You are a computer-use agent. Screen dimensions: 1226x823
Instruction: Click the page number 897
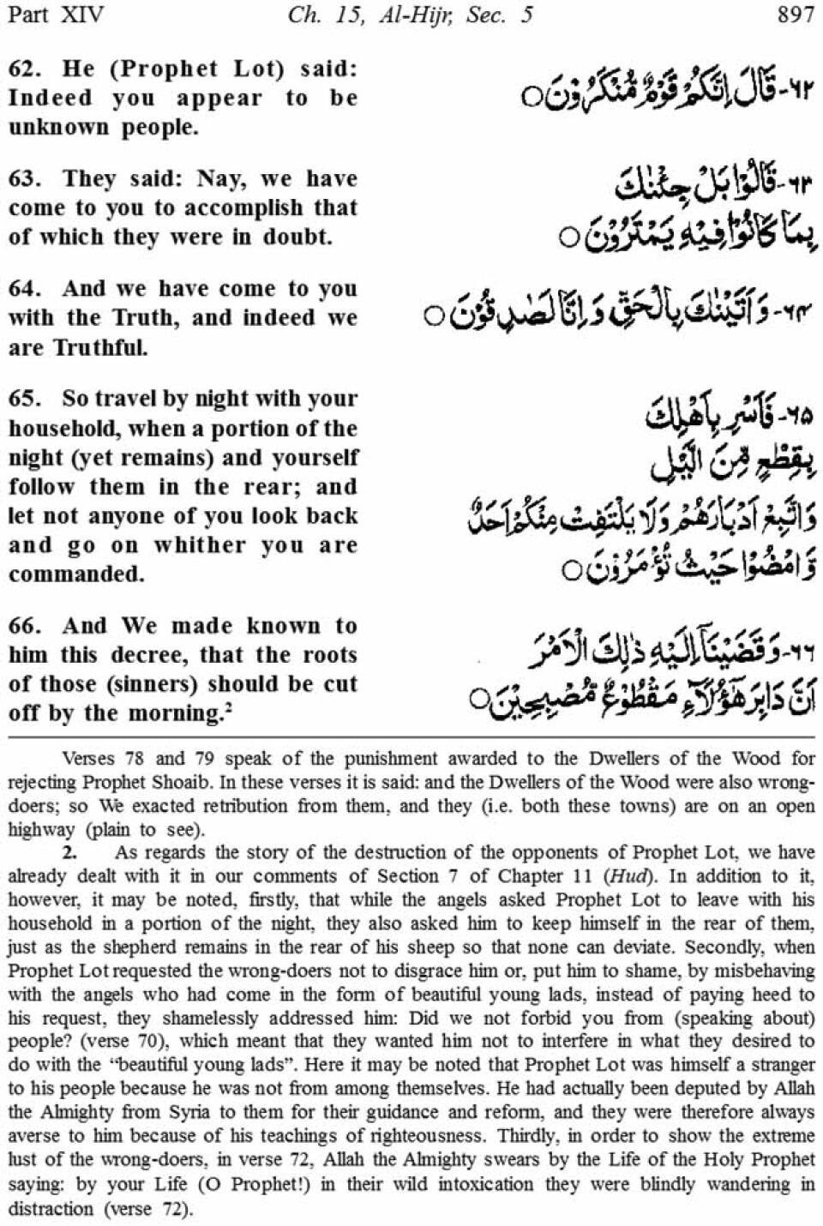(794, 15)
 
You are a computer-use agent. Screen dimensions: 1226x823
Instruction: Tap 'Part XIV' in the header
(54, 15)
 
